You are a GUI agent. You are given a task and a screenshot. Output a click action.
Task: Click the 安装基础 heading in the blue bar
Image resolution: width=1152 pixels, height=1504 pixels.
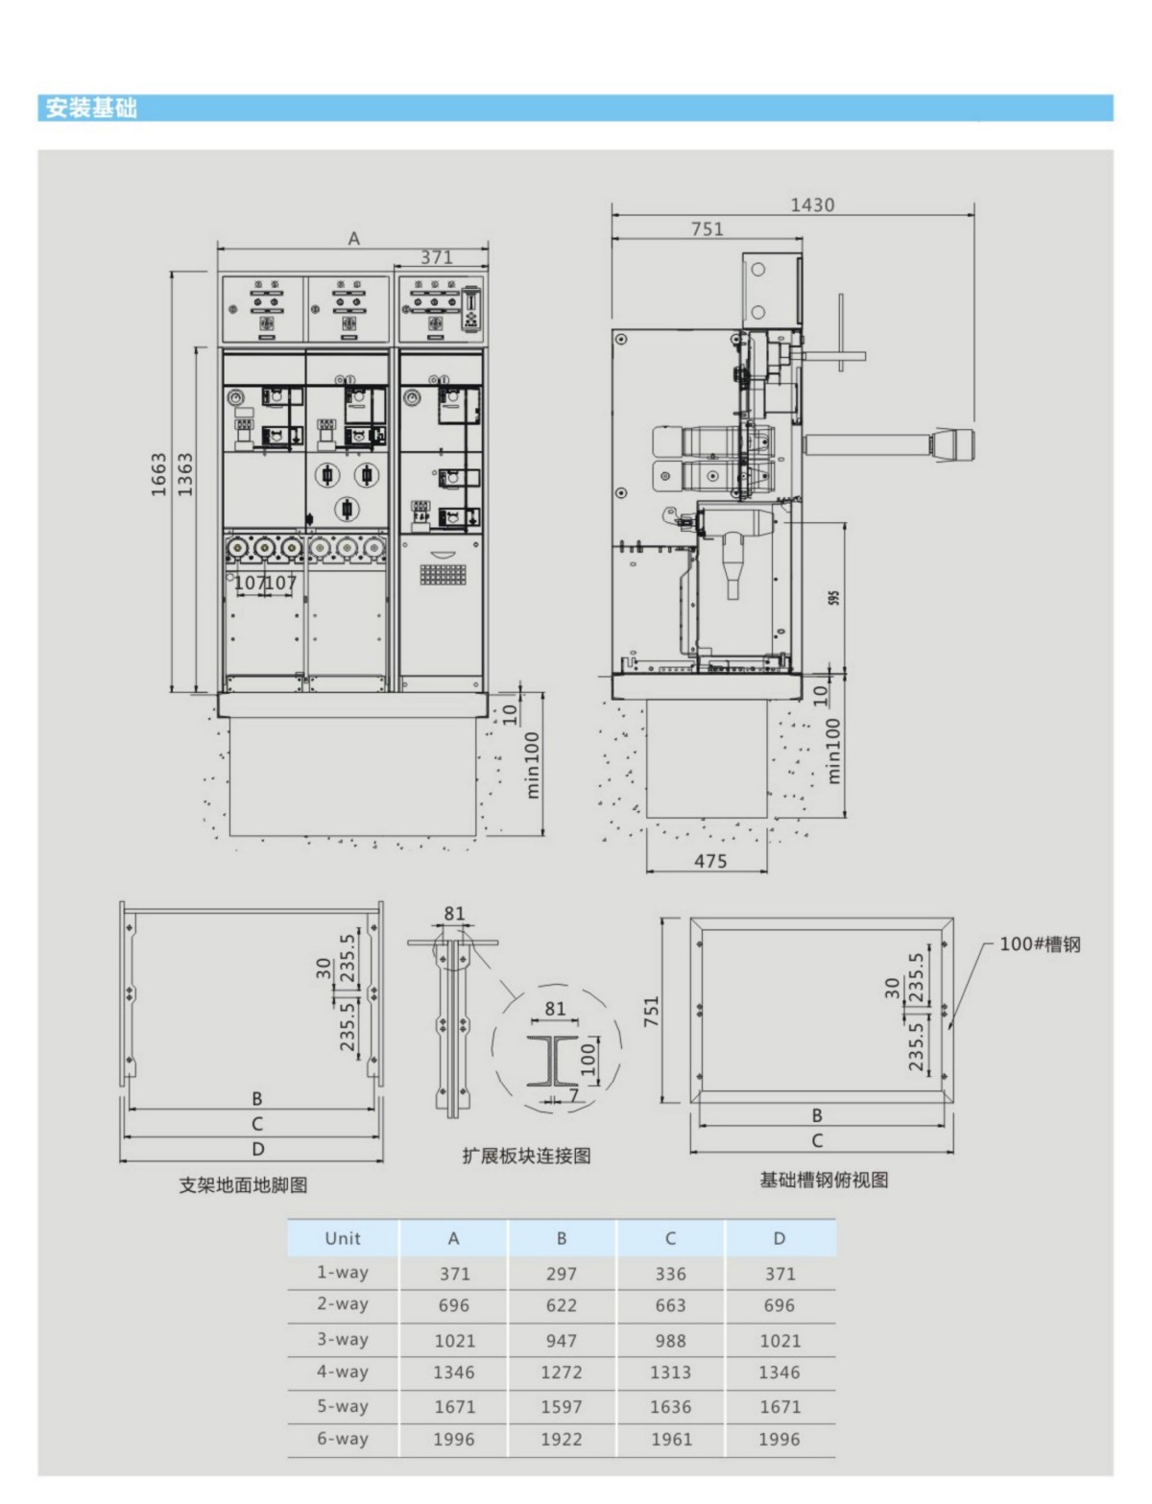pos(90,107)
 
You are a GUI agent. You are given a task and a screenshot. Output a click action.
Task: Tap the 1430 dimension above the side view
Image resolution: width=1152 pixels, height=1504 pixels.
pos(812,204)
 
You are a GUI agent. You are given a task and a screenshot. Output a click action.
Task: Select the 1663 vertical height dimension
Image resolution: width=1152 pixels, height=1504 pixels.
pos(159,474)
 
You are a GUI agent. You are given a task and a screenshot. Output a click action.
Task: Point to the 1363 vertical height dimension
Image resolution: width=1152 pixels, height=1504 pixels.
pos(185,474)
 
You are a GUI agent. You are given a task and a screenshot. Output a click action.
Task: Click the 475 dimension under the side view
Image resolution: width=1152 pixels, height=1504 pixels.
pos(710,860)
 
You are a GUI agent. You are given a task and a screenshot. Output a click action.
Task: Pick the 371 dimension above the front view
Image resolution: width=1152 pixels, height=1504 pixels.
pos(437,257)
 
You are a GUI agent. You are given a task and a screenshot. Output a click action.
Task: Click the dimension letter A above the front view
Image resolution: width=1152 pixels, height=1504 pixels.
pos(354,239)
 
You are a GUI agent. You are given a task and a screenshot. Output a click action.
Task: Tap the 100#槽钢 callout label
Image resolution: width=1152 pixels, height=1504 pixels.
pos(1039,944)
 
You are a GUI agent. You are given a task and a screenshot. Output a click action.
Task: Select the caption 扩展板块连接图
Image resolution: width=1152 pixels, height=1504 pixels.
pos(526,1156)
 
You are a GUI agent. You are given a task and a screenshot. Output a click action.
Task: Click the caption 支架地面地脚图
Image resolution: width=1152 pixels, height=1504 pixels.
pos(243,1185)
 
